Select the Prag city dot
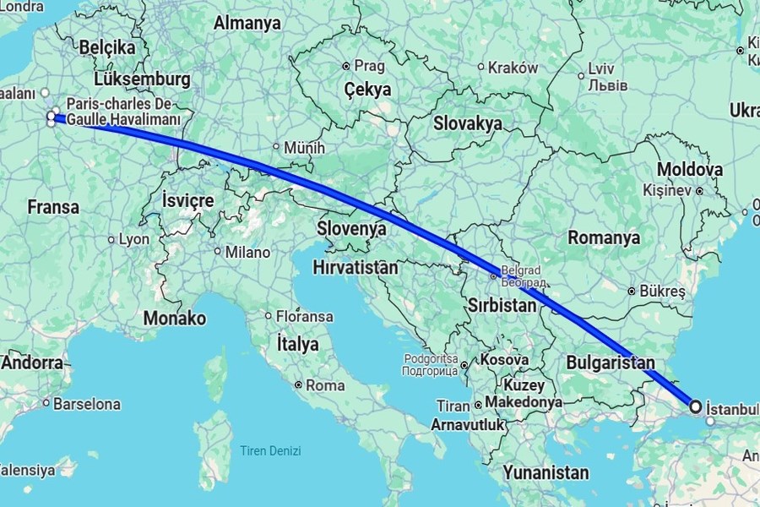[345, 66]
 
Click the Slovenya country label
[352, 228]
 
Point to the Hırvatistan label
[355, 267]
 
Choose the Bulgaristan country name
[611, 362]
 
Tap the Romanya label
[604, 237]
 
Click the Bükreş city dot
[631, 292]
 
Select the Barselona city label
[87, 404]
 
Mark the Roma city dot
[299, 384]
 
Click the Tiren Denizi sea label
[270, 450]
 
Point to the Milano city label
[247, 252]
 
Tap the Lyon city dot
[111, 240]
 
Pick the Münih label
[305, 148]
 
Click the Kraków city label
[513, 68]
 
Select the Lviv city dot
[581, 76]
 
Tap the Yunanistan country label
[546, 471]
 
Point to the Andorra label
[32, 363]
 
